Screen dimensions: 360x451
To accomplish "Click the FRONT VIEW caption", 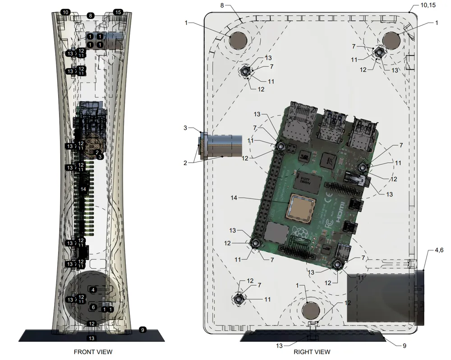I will point(93,351).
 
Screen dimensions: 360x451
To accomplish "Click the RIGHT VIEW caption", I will point(312,351).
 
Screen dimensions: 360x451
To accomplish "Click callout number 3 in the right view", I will point(185,128).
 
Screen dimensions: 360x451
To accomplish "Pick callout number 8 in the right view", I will point(222,5).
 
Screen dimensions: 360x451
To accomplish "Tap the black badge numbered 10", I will point(65,12).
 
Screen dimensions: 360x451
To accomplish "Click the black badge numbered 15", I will point(118,12).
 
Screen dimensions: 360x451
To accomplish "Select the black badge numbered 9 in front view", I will point(143,330).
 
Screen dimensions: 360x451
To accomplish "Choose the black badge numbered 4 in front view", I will point(93,290).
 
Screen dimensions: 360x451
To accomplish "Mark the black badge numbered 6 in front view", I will point(93,307).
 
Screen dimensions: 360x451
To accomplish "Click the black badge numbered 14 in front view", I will point(83,189).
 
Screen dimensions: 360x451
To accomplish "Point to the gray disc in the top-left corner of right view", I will point(238,41).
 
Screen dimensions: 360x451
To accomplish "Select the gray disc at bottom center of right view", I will point(311,310).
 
